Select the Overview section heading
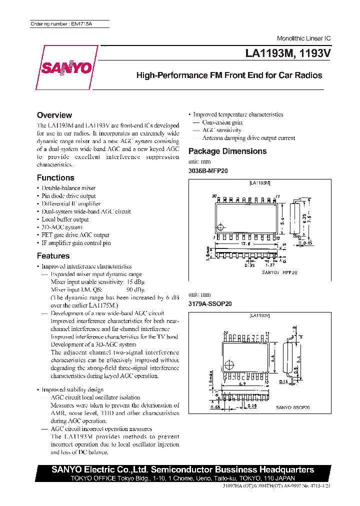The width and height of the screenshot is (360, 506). coord(54,115)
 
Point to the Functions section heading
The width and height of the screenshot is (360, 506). coord(55,177)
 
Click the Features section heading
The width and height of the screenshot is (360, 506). coord(53,255)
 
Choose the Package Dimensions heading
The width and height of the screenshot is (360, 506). coord(227,151)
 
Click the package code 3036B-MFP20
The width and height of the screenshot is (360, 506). coord(208,170)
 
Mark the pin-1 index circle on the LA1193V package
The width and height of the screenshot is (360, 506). coord(229,364)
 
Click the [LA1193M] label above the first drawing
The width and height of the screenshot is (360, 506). coord(259,183)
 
